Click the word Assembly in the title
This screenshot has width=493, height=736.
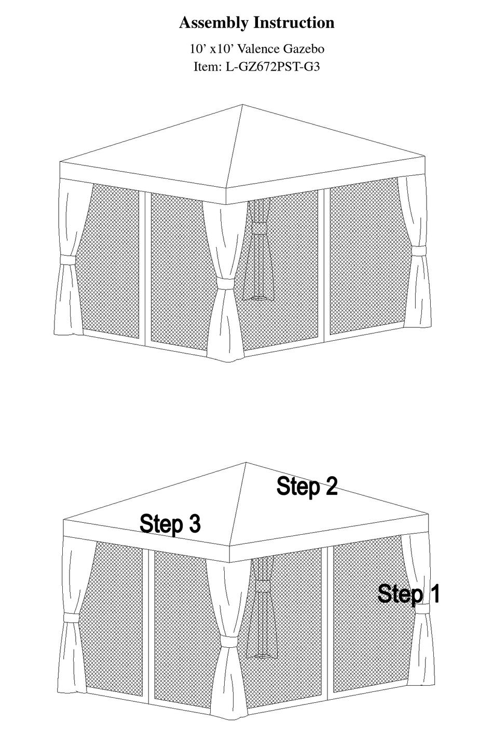tap(213, 23)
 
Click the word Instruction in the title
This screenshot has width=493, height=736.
tap(294, 23)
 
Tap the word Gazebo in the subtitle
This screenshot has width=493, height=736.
tap(303, 49)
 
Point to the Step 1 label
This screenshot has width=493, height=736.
tap(409, 593)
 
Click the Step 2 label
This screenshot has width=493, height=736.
tap(307, 487)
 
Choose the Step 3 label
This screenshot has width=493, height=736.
tap(170, 524)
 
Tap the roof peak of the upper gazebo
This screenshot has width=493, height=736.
tap(243, 105)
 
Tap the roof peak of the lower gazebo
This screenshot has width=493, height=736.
tap(246, 463)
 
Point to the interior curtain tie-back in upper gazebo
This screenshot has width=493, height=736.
tap(258, 228)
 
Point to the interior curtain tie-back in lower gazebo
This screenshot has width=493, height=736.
tap(262, 586)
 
